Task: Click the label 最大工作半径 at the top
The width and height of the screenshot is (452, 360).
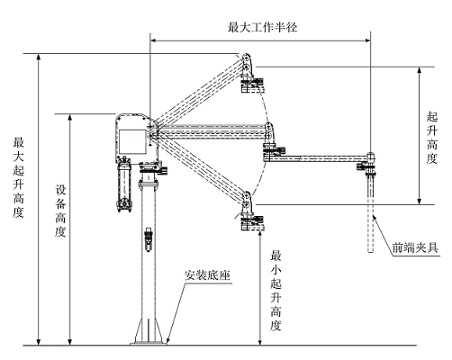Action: (x=262, y=27)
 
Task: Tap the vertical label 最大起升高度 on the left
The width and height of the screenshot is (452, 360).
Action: (x=18, y=177)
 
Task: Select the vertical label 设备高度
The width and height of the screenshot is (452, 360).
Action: (x=60, y=211)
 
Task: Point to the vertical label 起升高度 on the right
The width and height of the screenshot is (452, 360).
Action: (x=432, y=138)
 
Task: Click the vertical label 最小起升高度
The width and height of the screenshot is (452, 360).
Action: (x=276, y=291)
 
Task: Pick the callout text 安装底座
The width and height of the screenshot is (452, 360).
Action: (x=207, y=274)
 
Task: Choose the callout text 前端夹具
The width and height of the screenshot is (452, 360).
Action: (x=415, y=247)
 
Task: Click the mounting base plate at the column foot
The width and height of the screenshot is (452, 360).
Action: (x=149, y=344)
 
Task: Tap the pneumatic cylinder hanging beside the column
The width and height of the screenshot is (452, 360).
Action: (x=124, y=184)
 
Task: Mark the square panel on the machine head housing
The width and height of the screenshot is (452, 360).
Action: (x=132, y=141)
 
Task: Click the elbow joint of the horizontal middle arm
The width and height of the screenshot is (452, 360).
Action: (x=269, y=133)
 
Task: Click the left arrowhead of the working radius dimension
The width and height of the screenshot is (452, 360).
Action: (x=153, y=40)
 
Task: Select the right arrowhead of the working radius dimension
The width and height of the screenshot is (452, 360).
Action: (x=367, y=40)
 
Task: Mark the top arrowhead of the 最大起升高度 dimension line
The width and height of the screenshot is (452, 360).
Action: (x=38, y=57)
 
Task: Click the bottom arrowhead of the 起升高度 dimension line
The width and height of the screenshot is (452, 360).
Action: (x=420, y=202)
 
